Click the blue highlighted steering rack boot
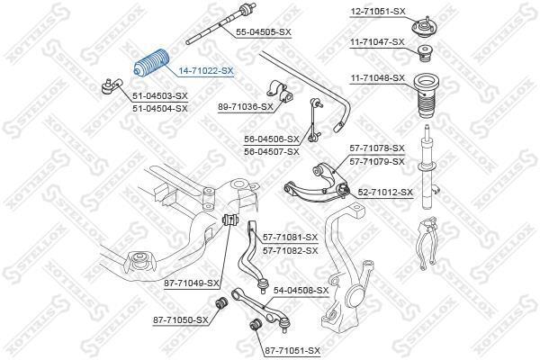[x=151, y=64]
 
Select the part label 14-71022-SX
[x=206, y=71]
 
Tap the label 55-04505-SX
[x=264, y=32]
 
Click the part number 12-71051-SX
[x=378, y=12]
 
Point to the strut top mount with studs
[x=423, y=26]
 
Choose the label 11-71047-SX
[x=377, y=42]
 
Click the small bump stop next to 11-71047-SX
[x=425, y=54]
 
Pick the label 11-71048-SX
[x=377, y=78]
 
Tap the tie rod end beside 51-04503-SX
[x=112, y=86]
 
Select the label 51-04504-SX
[x=160, y=109]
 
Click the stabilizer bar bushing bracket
[x=279, y=92]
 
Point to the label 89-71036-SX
[x=245, y=107]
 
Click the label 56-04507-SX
[x=272, y=151]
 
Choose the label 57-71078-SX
[x=377, y=148]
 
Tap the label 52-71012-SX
[x=385, y=193]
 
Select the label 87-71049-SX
[x=192, y=283]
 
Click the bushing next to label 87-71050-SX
[x=220, y=302]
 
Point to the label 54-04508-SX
[x=301, y=291]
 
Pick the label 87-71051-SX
[x=292, y=351]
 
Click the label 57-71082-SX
[x=291, y=250]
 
